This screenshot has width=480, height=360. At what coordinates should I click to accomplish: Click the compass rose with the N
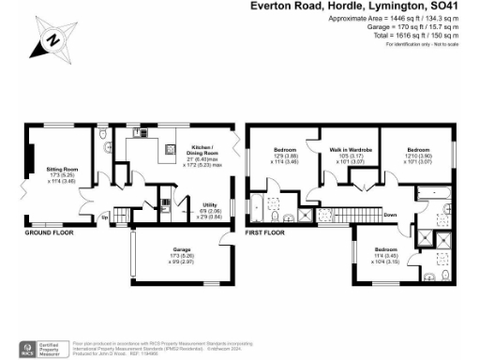click(52, 40)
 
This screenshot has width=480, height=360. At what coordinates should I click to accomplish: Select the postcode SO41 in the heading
click(460, 6)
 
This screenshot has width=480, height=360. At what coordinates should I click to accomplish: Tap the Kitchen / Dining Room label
click(202, 150)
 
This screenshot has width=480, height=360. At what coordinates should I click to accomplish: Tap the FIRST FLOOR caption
click(266, 231)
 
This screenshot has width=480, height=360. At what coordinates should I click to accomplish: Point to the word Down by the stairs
click(391, 214)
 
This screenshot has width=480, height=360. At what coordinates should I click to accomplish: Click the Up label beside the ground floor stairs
click(105, 217)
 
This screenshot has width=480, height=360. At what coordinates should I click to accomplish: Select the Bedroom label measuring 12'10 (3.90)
click(419, 150)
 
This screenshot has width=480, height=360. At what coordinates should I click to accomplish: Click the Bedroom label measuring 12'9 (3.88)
click(285, 150)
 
